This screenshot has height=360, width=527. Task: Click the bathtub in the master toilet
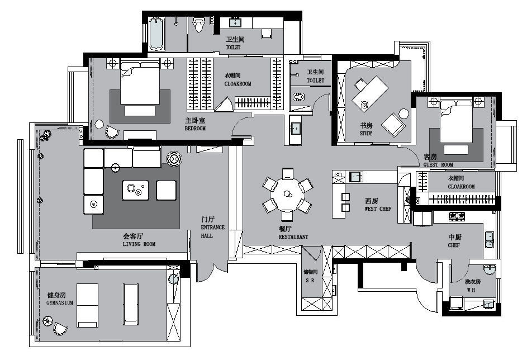(155, 34)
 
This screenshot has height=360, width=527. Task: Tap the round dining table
(287, 194)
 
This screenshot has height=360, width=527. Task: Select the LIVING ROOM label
(139, 244)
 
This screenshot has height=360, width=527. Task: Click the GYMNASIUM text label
(59, 302)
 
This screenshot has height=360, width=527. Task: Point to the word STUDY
(366, 133)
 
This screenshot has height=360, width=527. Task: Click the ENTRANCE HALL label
(212, 231)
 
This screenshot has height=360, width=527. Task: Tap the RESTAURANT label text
(293, 236)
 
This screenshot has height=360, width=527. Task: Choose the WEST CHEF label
(378, 209)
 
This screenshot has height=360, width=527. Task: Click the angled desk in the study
(370, 93)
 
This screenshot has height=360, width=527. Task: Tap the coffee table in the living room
(135, 190)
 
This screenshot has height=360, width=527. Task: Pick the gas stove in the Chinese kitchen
(457, 215)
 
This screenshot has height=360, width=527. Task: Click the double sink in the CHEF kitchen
(489, 240)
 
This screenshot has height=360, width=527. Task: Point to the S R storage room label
(310, 280)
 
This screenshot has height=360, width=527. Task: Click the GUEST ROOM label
(438, 165)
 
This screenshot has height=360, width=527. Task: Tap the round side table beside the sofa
(174, 159)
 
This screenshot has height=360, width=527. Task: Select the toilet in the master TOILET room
(198, 24)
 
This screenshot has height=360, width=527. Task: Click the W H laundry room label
(471, 290)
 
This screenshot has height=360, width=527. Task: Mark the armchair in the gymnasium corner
(60, 328)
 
